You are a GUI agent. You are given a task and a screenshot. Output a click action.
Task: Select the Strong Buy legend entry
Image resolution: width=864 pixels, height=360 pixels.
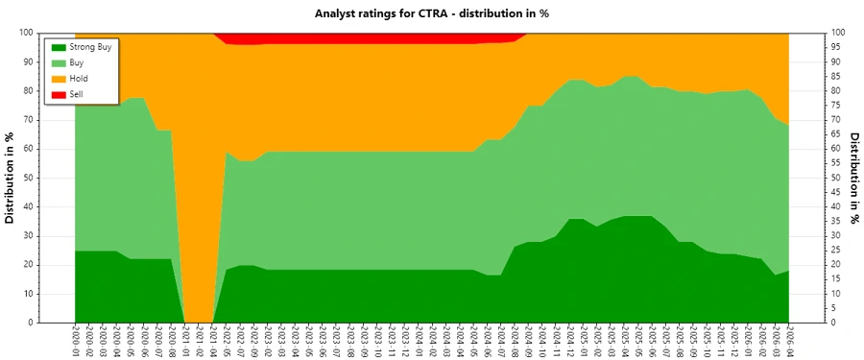point(92,46)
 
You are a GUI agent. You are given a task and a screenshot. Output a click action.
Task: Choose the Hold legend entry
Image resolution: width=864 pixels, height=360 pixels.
point(79,79)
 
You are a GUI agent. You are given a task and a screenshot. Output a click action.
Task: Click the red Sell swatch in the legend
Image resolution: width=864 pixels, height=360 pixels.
point(58,94)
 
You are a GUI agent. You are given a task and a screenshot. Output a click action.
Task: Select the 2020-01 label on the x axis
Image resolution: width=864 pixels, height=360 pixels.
point(76,341)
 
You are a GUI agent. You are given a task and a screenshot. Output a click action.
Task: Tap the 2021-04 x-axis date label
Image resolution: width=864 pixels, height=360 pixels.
point(213,341)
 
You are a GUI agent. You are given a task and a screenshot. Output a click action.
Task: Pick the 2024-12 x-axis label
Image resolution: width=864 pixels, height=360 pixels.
point(569,341)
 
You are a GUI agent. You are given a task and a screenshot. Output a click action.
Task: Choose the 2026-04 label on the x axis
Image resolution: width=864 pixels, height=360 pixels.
point(789,341)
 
